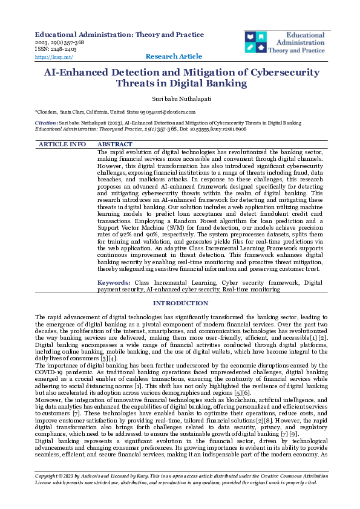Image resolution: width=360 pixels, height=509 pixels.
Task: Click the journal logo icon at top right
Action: pyautogui.click(x=256, y=42)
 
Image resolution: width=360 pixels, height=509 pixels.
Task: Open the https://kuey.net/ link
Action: pyautogui.click(x=54, y=57)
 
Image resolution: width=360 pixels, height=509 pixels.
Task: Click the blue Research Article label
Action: pyautogui.click(x=174, y=56)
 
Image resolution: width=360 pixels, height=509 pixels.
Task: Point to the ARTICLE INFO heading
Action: pyautogui.click(x=62, y=144)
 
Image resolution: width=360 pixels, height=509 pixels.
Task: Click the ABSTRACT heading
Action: pyautogui.click(x=115, y=144)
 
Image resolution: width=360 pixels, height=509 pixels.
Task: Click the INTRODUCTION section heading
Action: pyautogui.click(x=180, y=303)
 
